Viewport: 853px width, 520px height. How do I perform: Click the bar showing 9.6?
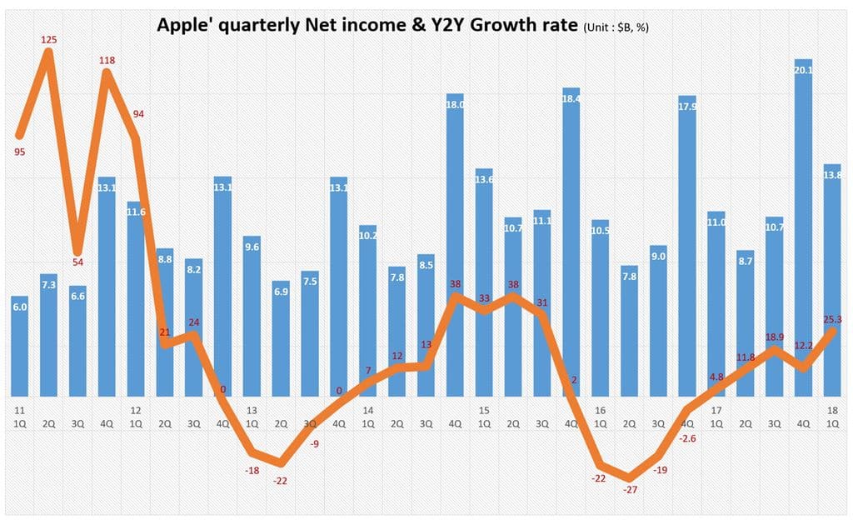252,317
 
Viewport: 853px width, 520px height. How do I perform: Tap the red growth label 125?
48,38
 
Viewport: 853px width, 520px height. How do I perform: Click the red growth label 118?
107,59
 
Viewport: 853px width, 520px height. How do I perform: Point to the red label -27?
630,489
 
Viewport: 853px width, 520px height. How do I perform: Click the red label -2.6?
688,438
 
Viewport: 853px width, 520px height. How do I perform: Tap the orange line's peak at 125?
48,53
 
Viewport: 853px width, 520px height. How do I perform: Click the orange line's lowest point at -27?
630,478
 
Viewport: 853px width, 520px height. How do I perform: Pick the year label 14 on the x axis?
367,410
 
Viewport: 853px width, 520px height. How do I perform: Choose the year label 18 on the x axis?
832,410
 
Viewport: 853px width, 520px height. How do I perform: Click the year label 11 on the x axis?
19,410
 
